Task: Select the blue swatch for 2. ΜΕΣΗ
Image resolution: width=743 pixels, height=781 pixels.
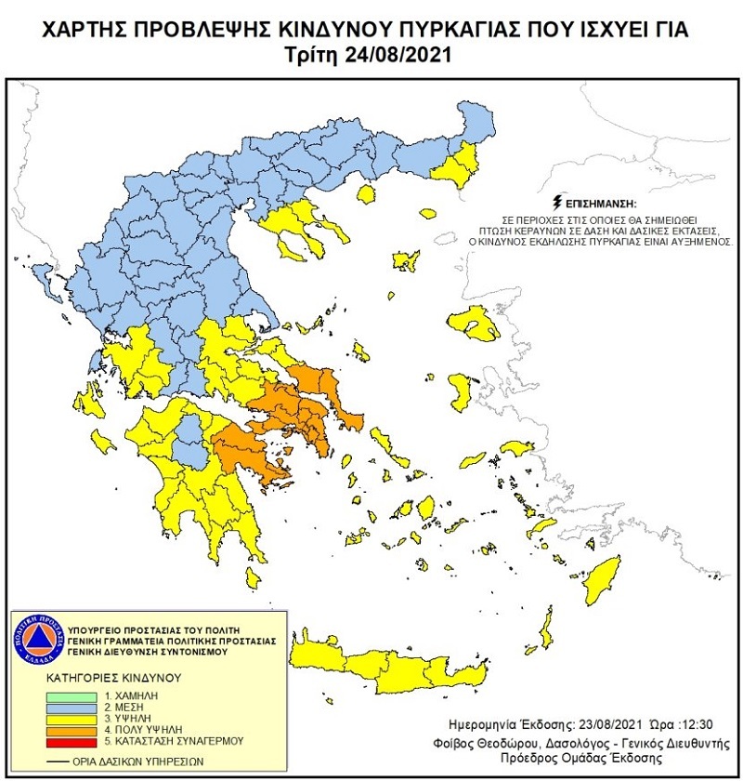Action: pos(72,708)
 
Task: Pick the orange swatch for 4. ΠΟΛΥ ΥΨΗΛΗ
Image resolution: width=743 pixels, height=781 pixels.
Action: pos(72,730)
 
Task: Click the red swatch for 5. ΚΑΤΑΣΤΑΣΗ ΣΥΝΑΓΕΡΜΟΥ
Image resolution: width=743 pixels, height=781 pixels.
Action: pos(72,741)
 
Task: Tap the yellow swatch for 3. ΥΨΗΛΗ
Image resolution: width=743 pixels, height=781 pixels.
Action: pos(72,719)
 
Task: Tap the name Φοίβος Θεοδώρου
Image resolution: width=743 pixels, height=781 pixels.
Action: pos(485,744)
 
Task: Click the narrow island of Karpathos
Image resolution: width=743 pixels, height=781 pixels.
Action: pos(549,620)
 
